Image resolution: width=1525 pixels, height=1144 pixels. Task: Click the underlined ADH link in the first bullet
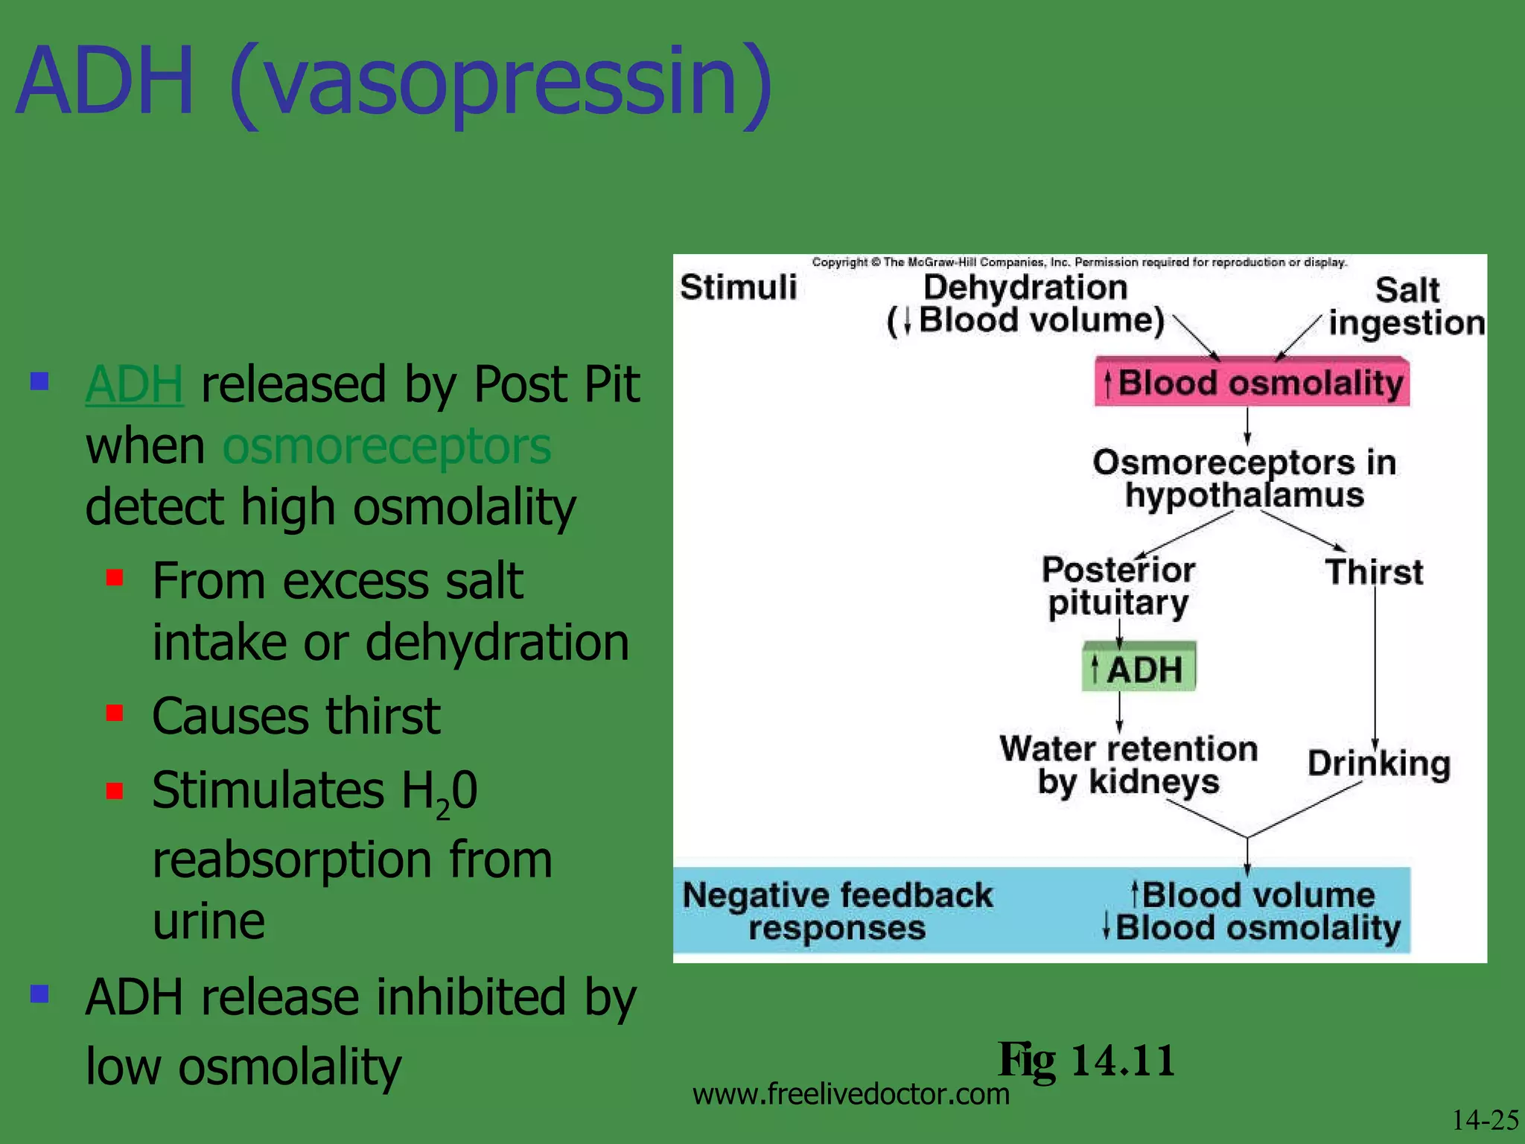[134, 384]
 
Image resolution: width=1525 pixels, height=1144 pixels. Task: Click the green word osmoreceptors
[386, 446]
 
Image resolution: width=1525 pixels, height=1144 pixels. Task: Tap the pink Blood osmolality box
[1252, 382]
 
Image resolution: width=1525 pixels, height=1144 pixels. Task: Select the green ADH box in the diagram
[1139, 667]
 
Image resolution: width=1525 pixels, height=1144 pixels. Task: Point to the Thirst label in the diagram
[1374, 572]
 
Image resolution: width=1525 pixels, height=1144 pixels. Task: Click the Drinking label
[1379, 763]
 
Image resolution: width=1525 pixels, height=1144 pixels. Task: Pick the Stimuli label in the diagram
[738, 287]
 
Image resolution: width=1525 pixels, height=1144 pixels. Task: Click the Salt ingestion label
[1406, 306]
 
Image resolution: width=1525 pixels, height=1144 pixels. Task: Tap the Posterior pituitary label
[1118, 586]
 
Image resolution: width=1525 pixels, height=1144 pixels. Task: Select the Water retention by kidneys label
[1128, 765]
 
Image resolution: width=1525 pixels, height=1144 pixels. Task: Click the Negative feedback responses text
[837, 911]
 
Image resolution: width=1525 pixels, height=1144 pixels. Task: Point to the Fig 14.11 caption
[1086, 1060]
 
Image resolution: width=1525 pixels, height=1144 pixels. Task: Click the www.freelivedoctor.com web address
[850, 1094]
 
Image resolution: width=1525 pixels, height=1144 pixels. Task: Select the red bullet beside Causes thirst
[115, 714]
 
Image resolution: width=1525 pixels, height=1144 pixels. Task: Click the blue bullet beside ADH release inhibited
[39, 994]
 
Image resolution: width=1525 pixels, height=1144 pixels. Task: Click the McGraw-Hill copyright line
[1079, 262]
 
